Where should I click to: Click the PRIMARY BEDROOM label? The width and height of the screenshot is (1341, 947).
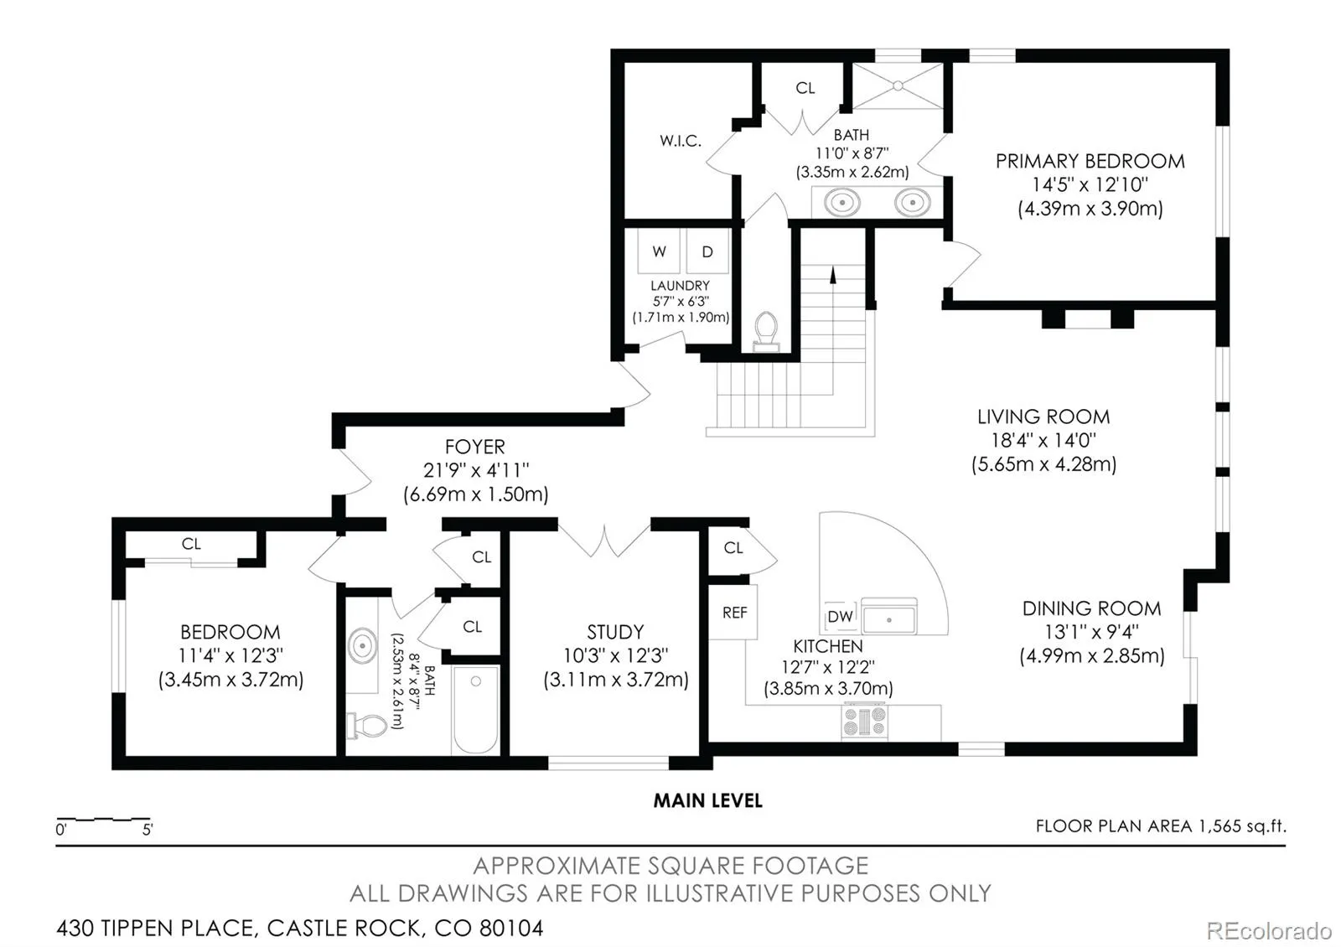[1090, 162]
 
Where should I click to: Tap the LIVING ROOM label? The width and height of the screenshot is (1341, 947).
[1043, 417]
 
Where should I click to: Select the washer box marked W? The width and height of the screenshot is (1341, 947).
[659, 251]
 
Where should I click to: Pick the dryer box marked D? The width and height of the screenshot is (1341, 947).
[707, 251]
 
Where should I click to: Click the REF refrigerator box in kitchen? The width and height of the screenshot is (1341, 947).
[733, 612]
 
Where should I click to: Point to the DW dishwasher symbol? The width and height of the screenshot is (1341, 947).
[840, 616]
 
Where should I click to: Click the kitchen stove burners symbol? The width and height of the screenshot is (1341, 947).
[864, 722]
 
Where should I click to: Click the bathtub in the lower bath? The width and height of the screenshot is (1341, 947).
[475, 710]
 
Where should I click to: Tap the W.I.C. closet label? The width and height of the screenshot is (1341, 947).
[680, 141]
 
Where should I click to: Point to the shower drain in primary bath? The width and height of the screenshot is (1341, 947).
[898, 86]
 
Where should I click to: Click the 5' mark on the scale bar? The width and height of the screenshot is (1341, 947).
[148, 830]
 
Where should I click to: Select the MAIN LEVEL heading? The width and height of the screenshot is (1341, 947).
[707, 801]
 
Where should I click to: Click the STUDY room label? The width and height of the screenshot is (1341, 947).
[615, 632]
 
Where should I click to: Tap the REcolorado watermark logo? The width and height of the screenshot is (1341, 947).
[1269, 931]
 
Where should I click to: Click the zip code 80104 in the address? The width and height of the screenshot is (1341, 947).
[511, 929]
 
